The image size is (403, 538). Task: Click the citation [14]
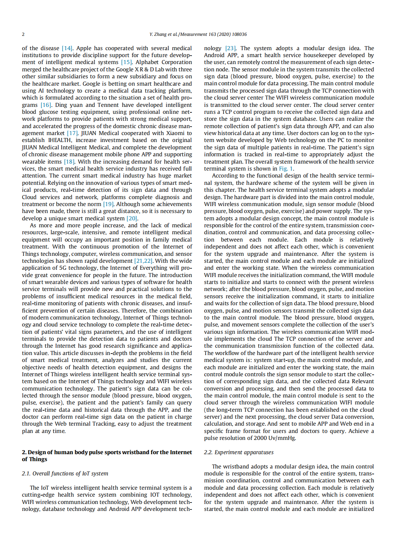tap(67, 48)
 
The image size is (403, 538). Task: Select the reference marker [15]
tap(126, 62)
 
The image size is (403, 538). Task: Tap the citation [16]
tap(46, 105)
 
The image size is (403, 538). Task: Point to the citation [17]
tap(72, 133)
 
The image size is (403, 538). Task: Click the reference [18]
tap(69, 162)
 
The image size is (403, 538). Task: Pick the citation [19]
tap(108, 204)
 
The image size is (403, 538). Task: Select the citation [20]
tap(132, 218)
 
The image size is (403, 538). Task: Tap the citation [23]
tap(230, 48)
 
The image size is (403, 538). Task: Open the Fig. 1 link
tap(286, 169)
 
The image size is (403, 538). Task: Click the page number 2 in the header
tap(23, 34)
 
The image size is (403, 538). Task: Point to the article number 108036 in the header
tap(240, 34)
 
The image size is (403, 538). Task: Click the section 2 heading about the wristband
tap(106, 456)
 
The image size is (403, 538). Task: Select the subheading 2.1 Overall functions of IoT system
tap(65, 474)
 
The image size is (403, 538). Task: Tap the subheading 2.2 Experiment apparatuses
tap(238, 452)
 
